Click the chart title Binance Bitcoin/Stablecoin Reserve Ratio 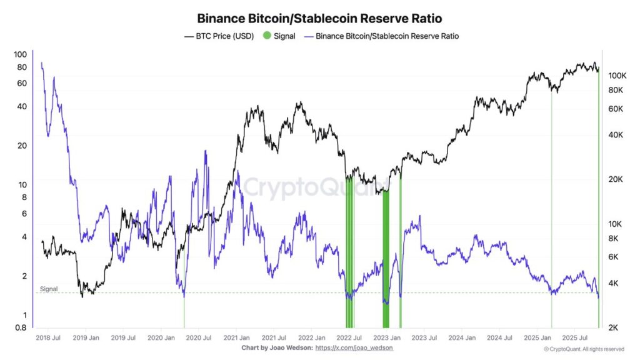[x=319, y=19]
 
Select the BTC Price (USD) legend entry [x=219, y=36]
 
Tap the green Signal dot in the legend [x=267, y=36]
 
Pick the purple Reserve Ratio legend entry [x=381, y=36]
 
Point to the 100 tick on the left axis [x=20, y=54]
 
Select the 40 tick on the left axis [x=21, y=106]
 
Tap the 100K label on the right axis [x=617, y=76]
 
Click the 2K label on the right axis [x=613, y=327]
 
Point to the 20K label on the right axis [x=615, y=179]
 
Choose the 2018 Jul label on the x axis [x=47, y=338]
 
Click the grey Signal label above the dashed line [x=49, y=289]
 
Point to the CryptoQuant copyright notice [x=584, y=349]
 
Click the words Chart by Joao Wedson [x=276, y=347]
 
